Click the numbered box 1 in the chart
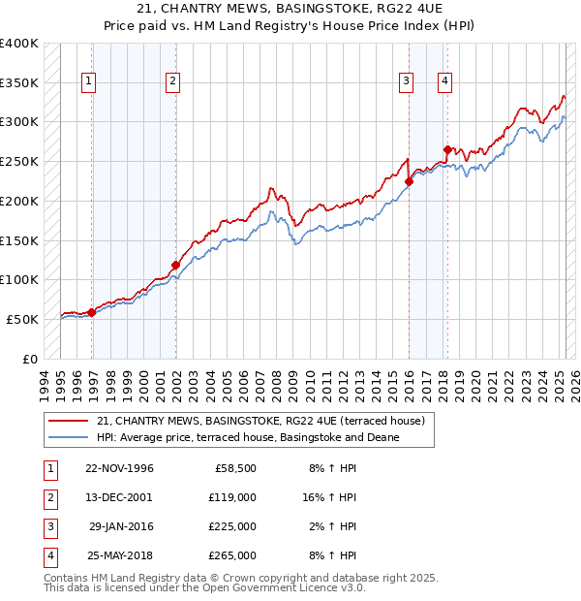pyautogui.click(x=88, y=81)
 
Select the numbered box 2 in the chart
pyautogui.click(x=172, y=81)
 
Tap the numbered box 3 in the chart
pyautogui.click(x=406, y=81)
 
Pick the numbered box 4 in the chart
pyautogui.click(x=443, y=81)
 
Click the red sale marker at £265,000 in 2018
pyautogui.click(x=447, y=149)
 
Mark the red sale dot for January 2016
pyautogui.click(x=410, y=180)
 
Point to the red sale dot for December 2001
pyautogui.click(x=176, y=265)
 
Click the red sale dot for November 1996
pyautogui.click(x=92, y=312)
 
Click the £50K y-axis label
pyautogui.click(x=23, y=319)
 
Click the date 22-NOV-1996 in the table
pyautogui.click(x=120, y=469)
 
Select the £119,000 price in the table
pyautogui.click(x=233, y=497)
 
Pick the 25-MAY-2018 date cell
pyautogui.click(x=120, y=555)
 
